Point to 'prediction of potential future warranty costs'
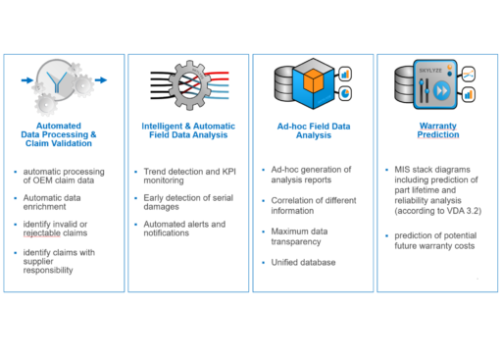(434, 240)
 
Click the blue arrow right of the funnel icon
(107, 82)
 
